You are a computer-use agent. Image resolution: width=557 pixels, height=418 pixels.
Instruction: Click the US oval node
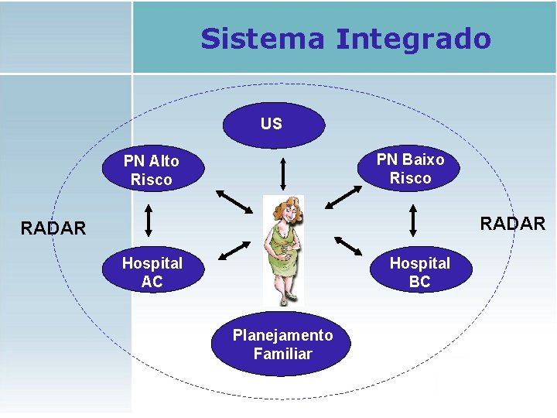[272, 124]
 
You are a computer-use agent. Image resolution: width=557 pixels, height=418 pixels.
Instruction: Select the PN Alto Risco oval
[152, 170]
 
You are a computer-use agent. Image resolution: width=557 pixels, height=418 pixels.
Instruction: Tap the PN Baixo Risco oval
[410, 169]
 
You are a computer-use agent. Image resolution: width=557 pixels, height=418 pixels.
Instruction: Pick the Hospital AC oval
[152, 272]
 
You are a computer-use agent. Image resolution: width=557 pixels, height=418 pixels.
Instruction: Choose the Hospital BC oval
[419, 272]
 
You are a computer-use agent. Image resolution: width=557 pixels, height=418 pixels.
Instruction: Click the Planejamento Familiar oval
[282, 345]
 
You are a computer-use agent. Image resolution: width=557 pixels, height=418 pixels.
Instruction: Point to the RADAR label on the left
[53, 228]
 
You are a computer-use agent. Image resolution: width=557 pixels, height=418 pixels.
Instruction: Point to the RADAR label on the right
[512, 224]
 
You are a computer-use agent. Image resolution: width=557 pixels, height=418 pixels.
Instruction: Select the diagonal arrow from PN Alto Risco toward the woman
[234, 200]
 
